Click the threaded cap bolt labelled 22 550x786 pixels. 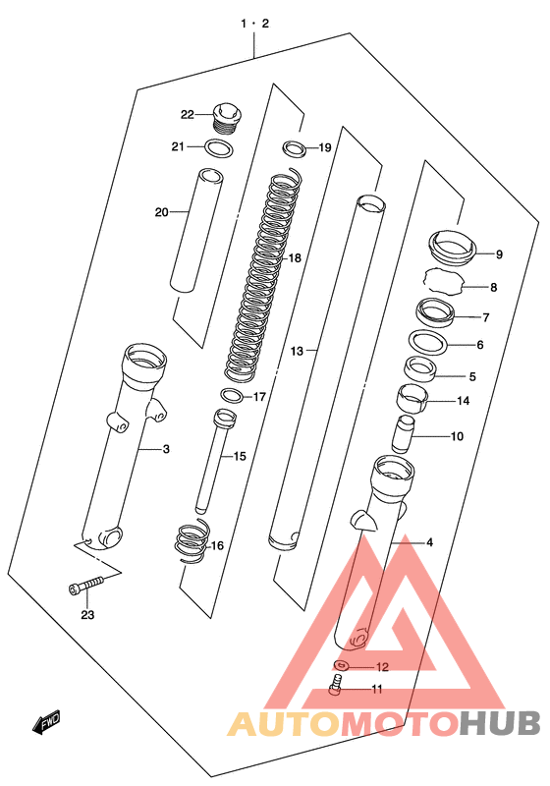click(x=228, y=118)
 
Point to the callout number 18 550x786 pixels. click(x=295, y=258)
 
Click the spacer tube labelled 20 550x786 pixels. click(x=195, y=230)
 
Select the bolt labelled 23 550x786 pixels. click(x=86, y=585)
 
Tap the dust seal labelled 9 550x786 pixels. click(x=452, y=248)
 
